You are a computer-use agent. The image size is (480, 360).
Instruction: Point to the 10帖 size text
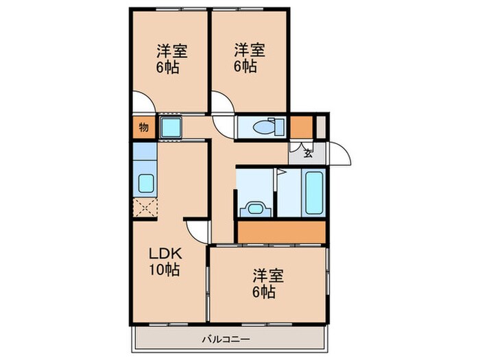(x=165, y=269)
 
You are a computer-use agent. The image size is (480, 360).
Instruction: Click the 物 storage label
(x=143, y=127)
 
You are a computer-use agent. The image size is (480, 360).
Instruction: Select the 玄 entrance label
(x=308, y=153)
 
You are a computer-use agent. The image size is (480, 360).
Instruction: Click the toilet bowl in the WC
(x=263, y=128)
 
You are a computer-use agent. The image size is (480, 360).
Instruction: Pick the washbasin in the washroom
(x=254, y=208)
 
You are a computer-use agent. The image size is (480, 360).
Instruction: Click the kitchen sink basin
(x=146, y=182)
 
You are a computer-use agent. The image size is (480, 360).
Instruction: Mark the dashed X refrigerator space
(x=145, y=208)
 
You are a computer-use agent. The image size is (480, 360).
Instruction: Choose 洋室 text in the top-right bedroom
(x=250, y=51)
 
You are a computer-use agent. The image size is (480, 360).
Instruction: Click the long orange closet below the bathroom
(x=280, y=231)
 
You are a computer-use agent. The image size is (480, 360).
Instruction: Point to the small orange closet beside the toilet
(x=300, y=127)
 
